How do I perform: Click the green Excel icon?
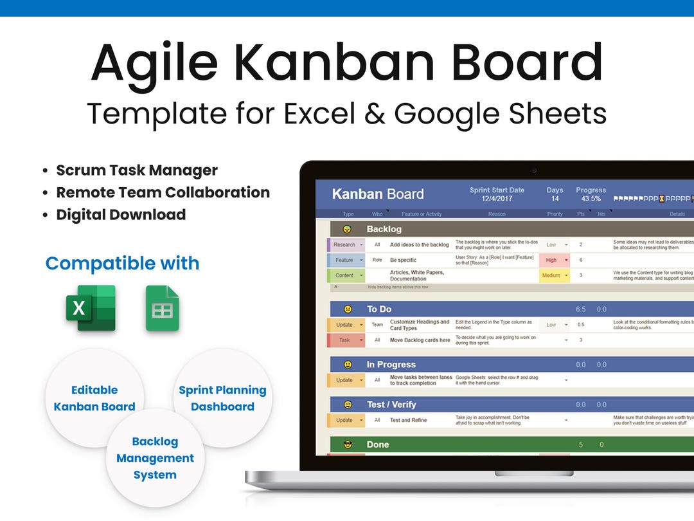[91, 308]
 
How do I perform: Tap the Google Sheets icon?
[162, 308]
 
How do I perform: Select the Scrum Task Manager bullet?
[136, 170]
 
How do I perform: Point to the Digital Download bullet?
[121, 215]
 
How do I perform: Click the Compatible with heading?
[122, 263]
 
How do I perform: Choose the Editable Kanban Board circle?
[94, 398]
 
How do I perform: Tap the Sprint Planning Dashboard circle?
[222, 398]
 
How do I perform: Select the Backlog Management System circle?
[155, 458]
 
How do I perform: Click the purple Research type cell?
[346, 245]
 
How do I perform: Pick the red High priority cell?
[553, 260]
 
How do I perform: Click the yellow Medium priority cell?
[553, 275]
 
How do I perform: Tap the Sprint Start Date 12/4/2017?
[496, 199]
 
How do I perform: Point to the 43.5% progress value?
[591, 199]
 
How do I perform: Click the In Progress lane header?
[391, 365]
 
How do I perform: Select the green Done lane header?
[377, 444]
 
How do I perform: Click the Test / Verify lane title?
[391, 405]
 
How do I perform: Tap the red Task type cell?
[346, 340]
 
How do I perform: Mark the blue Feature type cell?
[346, 260]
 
